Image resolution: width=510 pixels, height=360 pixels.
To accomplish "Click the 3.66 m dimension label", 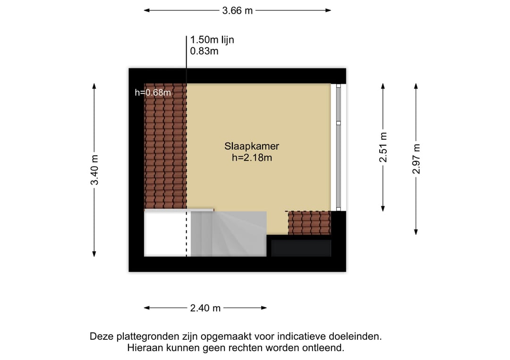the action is (x=238, y=11).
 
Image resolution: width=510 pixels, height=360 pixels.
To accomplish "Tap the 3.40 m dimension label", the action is (x=94, y=170).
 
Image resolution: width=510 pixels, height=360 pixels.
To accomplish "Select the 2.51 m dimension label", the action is (x=383, y=147).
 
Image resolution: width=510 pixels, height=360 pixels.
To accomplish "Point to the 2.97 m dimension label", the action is (x=416, y=159).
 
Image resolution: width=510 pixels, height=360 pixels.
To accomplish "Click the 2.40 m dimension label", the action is (x=205, y=308).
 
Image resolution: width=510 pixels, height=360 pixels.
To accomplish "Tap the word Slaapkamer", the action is (x=252, y=146).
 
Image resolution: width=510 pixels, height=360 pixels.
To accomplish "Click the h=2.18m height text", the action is (x=252, y=158).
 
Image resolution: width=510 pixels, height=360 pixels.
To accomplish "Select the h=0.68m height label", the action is (x=153, y=92).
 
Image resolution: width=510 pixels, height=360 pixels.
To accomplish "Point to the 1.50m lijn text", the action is (x=212, y=40).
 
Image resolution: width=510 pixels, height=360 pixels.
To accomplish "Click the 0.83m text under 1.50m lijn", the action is (x=204, y=51).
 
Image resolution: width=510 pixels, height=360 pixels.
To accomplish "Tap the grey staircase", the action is (x=229, y=234).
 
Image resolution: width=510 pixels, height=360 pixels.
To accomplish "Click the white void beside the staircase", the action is (x=166, y=234).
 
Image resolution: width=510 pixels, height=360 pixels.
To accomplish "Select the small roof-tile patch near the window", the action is (x=309, y=223).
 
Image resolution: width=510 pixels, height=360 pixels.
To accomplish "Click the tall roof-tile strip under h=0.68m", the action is (x=166, y=146).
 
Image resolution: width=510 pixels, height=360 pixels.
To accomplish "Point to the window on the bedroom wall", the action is (x=338, y=147).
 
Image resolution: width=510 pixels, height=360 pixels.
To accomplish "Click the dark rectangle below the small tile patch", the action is (x=301, y=248).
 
